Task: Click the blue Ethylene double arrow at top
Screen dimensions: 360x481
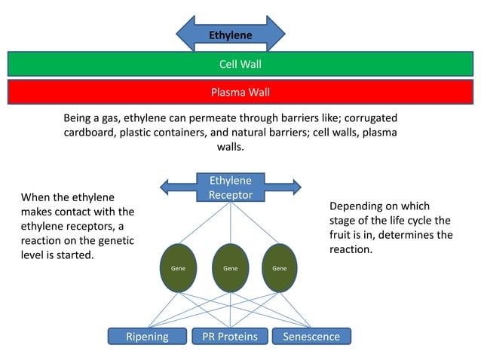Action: point(230,35)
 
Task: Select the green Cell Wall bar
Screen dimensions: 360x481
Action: point(240,64)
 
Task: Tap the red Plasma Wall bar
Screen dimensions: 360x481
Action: point(240,93)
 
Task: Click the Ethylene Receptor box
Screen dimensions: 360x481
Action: point(230,188)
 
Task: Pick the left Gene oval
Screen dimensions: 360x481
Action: point(179,267)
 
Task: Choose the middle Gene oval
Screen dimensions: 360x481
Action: point(230,267)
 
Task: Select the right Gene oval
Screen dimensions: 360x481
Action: point(279,267)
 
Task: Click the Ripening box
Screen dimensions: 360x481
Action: point(147,337)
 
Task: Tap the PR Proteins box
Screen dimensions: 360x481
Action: point(230,337)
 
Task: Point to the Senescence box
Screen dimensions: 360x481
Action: point(311,337)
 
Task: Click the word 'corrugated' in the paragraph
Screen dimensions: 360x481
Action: point(369,118)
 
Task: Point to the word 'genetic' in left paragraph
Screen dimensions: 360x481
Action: point(115,240)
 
